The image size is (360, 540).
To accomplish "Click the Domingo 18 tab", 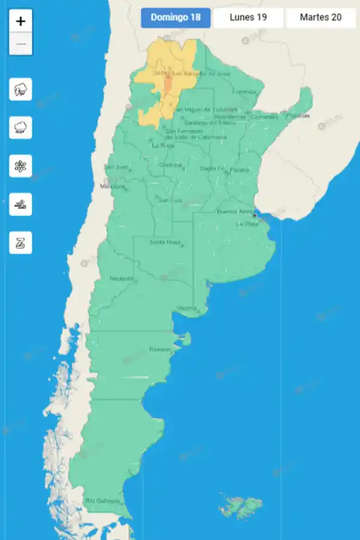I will click(x=176, y=17).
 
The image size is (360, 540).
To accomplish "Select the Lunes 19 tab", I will click(x=248, y=17).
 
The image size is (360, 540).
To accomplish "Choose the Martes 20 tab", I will click(x=320, y=17).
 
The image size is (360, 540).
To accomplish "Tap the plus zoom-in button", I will click(x=21, y=22).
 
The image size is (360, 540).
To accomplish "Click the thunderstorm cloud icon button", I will click(x=21, y=90).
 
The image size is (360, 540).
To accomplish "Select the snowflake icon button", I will click(x=21, y=166).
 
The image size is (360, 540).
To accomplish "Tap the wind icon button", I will click(x=21, y=205).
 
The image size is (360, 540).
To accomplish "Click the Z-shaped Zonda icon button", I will click(x=21, y=243).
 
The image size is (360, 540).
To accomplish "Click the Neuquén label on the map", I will click(x=122, y=278).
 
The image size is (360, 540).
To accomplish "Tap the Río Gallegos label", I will click(x=103, y=500).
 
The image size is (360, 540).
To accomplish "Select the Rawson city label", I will click(x=160, y=349).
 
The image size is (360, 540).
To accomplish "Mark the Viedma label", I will click(x=186, y=308).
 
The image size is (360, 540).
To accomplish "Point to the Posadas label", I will click(x=298, y=115).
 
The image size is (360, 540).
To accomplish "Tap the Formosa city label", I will click(x=244, y=92).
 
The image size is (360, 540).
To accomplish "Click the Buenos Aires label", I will click(x=235, y=211).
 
